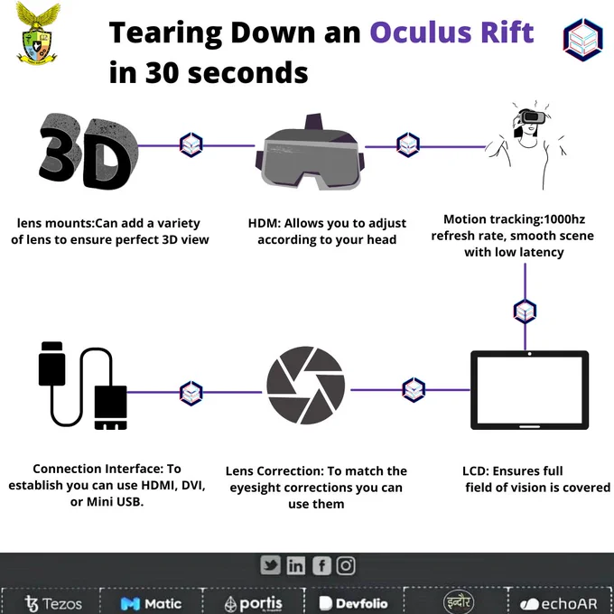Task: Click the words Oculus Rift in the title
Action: click(451, 33)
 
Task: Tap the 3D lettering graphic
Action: click(88, 152)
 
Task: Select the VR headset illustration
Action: click(310, 153)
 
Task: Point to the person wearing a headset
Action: click(526, 144)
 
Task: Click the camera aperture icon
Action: click(306, 385)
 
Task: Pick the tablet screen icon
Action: click(529, 390)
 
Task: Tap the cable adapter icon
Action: click(83, 386)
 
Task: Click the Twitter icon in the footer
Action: click(271, 565)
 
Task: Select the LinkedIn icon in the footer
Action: click(296, 565)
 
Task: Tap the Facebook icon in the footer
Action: click(321, 566)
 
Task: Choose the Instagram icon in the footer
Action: click(346, 566)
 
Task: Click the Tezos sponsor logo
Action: click(53, 603)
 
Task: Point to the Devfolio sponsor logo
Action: click(353, 603)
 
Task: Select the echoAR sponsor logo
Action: click(558, 604)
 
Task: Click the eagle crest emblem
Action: click(38, 33)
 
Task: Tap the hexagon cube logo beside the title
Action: click(583, 40)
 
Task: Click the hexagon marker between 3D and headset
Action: click(191, 145)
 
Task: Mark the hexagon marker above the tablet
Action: click(525, 312)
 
